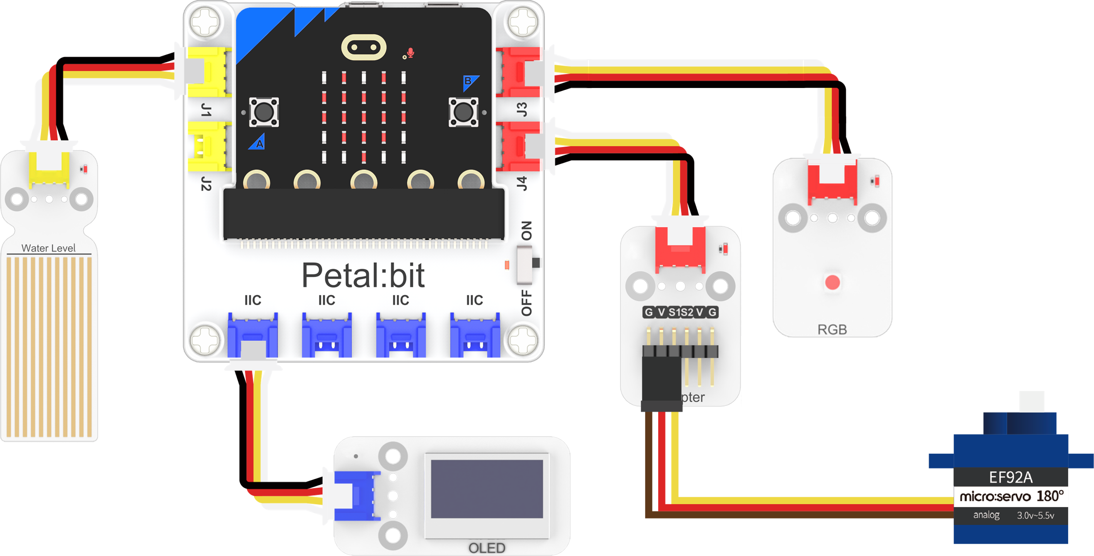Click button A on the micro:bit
tap(264, 112)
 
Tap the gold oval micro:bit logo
tap(363, 47)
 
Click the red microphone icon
tap(410, 53)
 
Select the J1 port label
tap(206, 110)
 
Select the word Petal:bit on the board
tap(363, 275)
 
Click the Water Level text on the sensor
tap(49, 248)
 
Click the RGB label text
tap(832, 330)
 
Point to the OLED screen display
tap(487, 489)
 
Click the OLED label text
tap(487, 548)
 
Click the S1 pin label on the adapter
tap(674, 313)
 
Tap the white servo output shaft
tap(1032, 402)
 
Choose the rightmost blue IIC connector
tap(474, 336)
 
